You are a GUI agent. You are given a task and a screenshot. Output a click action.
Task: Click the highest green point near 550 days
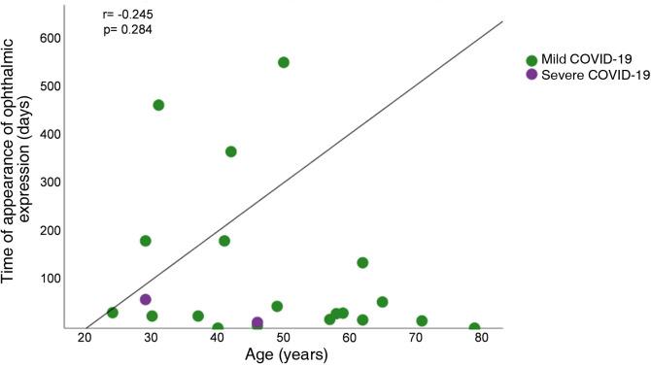click(284, 62)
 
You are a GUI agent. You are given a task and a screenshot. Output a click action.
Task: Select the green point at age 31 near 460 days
click(158, 105)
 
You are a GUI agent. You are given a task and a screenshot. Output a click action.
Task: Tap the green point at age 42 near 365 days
click(231, 151)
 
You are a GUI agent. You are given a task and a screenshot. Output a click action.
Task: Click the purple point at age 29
click(146, 300)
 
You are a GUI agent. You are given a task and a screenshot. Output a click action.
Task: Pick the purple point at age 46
click(257, 322)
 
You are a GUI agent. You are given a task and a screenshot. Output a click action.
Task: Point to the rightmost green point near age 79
click(474, 328)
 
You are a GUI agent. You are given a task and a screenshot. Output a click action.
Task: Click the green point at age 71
click(422, 320)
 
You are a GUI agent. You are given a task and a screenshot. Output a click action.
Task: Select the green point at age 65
click(382, 302)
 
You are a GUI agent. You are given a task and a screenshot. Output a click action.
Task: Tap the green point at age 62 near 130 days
click(362, 262)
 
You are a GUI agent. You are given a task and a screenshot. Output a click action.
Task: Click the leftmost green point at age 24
click(113, 313)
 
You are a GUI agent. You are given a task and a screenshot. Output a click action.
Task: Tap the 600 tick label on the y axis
click(51, 39)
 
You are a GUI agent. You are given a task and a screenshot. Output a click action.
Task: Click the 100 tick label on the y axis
click(51, 279)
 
